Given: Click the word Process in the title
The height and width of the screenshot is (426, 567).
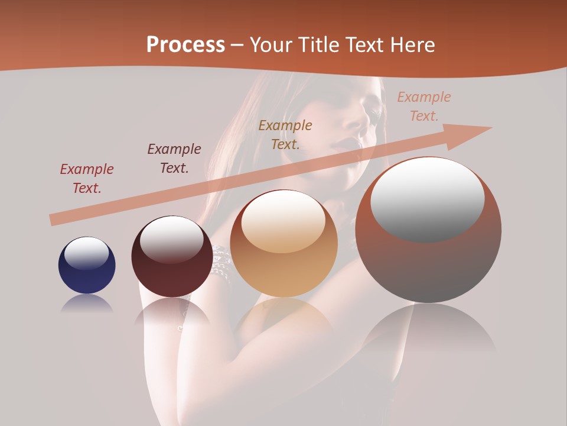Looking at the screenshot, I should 185,44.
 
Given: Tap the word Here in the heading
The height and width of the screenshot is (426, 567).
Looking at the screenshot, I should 412,44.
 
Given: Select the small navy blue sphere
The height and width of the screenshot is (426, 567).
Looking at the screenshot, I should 87,265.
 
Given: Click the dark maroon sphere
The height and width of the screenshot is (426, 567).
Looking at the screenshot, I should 172,256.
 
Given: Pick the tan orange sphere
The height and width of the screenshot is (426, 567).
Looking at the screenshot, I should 284,243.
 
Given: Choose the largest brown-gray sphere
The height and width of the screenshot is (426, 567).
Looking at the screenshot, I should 428,230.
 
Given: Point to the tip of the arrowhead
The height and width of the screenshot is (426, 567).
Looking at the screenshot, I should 491,127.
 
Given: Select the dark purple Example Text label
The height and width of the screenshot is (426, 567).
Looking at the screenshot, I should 174,159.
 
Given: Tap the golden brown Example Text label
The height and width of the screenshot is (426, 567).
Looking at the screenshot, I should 285,135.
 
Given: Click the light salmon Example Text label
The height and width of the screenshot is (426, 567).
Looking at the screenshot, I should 423,106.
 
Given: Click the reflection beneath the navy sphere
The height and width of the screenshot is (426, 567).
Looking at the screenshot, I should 87,305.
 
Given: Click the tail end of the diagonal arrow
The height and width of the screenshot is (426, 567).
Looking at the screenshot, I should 52,220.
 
